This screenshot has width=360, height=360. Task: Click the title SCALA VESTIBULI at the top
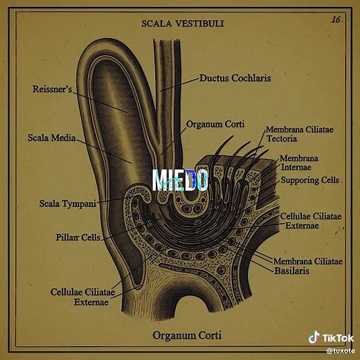tap(183, 24)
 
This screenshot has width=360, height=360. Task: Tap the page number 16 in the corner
tap(336, 19)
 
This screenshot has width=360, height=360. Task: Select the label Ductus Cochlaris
tap(235, 78)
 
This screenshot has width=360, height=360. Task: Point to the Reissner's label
tap(52, 89)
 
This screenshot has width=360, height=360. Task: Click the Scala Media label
tap(52, 138)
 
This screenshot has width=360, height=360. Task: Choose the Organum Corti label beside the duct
tap(215, 124)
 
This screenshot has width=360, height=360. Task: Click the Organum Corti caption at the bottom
tap(187, 335)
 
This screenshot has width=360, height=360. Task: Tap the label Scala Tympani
tap(67, 204)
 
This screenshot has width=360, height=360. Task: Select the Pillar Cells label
tap(78, 237)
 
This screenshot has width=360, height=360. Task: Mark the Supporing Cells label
tap(309, 180)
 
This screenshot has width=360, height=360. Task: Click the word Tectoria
tap(282, 138)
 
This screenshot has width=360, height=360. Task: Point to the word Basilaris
tap(291, 271)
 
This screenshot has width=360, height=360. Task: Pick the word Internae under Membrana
tap(296, 167)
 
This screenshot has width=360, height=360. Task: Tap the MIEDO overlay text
tap(180, 180)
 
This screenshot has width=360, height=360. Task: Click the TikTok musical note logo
tap(314, 337)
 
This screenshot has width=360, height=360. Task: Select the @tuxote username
tap(341, 351)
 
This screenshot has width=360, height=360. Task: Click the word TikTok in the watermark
tap(338, 338)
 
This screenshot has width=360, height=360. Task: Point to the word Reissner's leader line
tap(100, 102)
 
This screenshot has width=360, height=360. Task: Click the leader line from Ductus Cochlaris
tap(179, 84)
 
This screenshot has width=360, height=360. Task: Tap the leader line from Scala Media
tap(104, 151)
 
